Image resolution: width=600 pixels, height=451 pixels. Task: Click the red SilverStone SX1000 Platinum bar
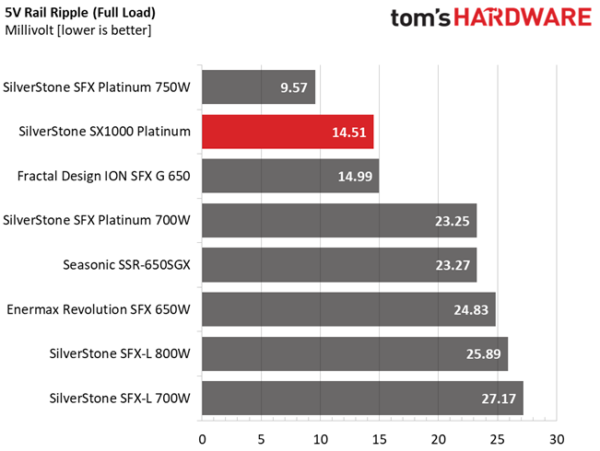[288, 132]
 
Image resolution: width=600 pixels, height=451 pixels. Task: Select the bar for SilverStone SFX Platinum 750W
[259, 87]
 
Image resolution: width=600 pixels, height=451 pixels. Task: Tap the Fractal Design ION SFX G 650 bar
[290, 176]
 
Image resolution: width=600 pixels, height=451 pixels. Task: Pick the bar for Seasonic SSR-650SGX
[339, 265]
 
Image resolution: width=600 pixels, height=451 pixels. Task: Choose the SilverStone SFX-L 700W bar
[363, 398]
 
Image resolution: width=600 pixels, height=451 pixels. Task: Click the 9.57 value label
[294, 87]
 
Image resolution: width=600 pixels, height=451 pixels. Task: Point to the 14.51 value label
[349, 133]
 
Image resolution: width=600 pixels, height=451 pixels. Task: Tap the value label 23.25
[452, 221]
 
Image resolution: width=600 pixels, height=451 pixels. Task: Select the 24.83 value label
[471, 309]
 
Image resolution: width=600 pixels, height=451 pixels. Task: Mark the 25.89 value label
[483, 354]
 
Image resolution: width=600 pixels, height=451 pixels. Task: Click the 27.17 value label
[499, 399]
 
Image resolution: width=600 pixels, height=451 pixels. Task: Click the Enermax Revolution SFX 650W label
[99, 309]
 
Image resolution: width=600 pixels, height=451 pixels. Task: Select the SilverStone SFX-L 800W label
[120, 353]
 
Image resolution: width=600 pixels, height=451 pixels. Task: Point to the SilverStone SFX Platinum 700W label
[97, 220]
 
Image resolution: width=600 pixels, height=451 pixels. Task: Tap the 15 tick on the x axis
[379, 440]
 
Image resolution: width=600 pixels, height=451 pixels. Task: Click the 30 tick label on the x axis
[557, 440]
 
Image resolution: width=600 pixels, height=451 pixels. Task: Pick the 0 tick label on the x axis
[202, 440]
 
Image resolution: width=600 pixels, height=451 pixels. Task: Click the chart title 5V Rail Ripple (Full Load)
[80, 13]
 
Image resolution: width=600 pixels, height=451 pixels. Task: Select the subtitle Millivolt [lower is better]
[78, 30]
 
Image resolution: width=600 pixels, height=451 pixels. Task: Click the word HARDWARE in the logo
[523, 17]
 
